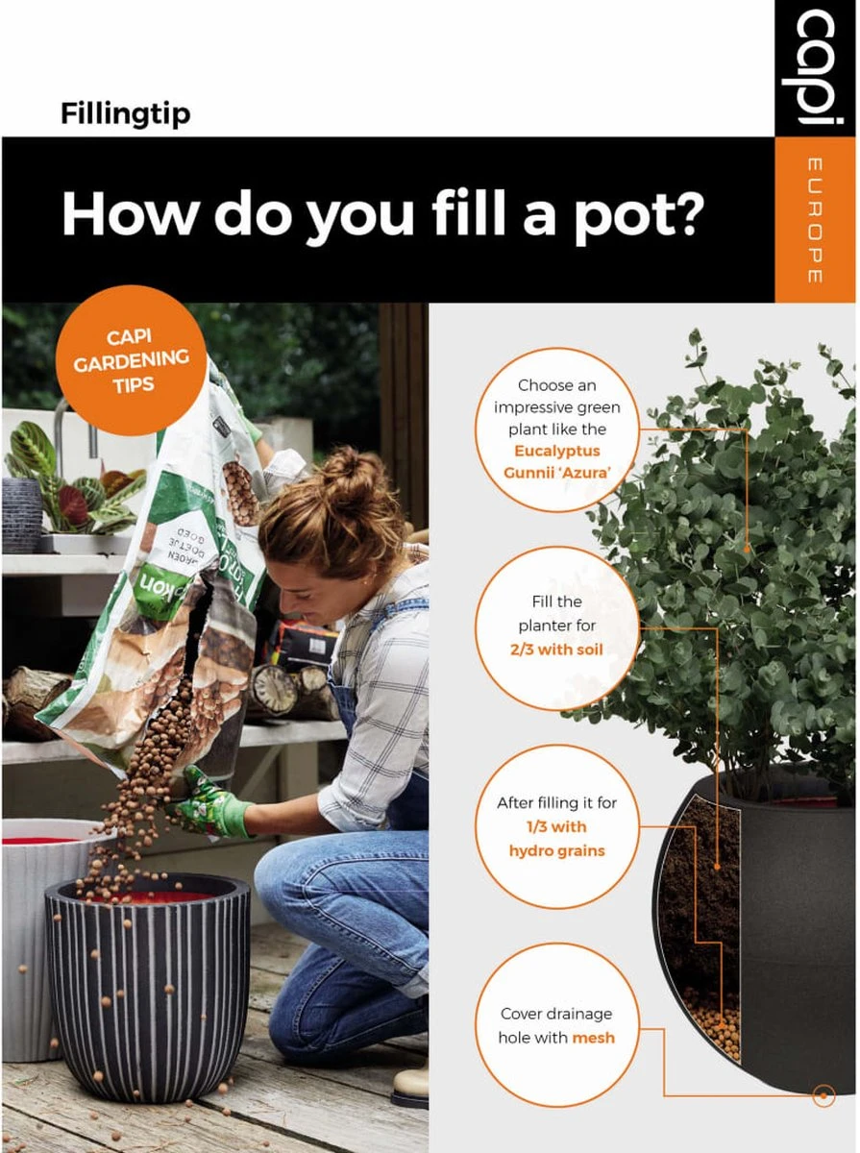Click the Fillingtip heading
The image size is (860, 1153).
[x=125, y=113]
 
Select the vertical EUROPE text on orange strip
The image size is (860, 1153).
[x=815, y=220]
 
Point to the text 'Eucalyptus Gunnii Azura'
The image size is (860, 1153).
[x=557, y=460]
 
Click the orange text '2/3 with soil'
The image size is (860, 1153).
[x=557, y=650]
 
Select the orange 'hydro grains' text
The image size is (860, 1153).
[x=557, y=850]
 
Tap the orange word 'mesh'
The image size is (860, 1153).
[x=593, y=1038]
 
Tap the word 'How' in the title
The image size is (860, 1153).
[x=130, y=212]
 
